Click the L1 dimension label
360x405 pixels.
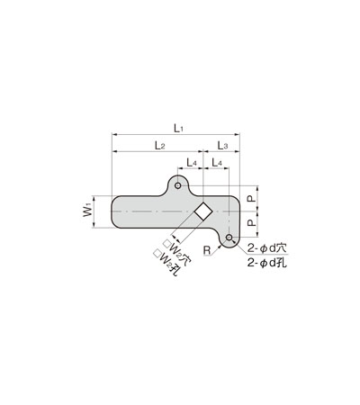point(178,129)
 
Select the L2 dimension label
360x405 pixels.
point(160,146)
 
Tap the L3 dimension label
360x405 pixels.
point(222,146)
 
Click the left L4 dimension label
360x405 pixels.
point(192,163)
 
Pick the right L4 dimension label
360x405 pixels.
point(217,163)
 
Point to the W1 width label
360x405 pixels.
point(87,211)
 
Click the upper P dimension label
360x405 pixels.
point(252,198)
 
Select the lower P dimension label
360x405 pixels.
point(252,222)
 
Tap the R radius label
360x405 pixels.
point(207,250)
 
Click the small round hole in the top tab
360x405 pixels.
point(178,185)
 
